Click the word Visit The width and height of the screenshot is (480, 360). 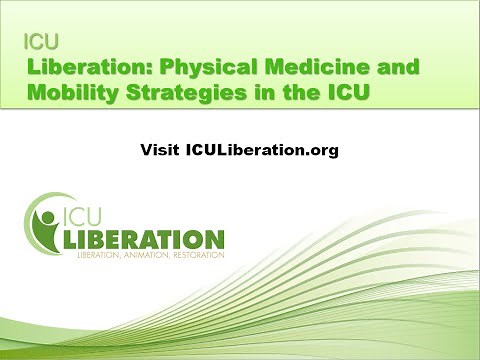pos(160,150)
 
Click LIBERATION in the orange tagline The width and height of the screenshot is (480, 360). pos(101,255)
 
